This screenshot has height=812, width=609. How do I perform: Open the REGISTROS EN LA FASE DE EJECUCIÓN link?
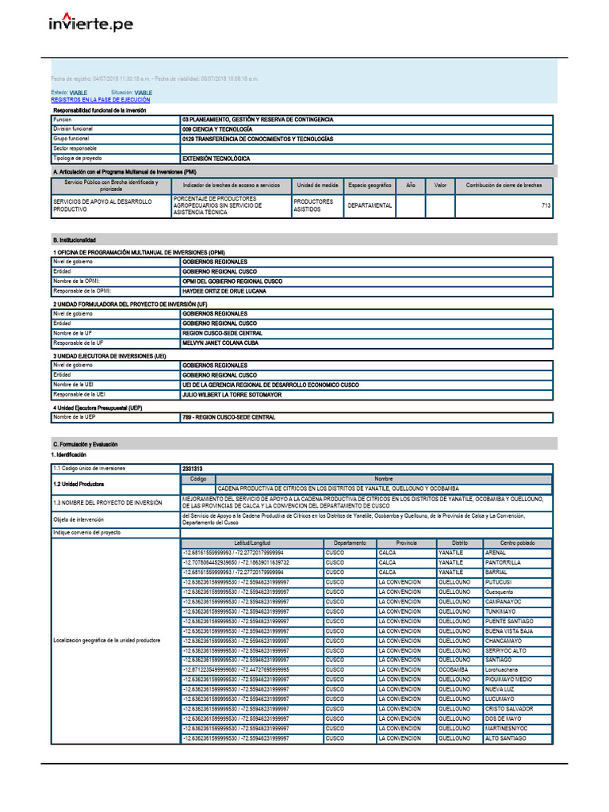tap(100, 100)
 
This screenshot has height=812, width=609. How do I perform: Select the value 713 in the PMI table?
tap(546, 205)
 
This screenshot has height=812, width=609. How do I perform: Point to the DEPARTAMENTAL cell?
tap(370, 205)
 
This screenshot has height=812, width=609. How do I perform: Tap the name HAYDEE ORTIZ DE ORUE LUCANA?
tap(224, 291)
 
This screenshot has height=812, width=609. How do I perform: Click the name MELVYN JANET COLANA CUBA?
tap(221, 343)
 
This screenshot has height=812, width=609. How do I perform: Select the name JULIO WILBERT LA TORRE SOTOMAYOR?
tap(231, 394)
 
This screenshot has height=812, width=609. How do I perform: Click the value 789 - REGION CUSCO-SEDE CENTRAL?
tap(228, 417)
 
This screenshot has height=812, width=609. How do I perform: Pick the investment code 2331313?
tap(193, 469)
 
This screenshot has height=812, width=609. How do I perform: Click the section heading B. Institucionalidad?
tap(75, 239)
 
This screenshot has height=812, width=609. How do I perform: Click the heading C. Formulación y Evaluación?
tap(85, 445)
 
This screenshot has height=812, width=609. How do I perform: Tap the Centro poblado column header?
tap(517, 543)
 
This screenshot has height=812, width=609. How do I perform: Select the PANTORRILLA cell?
tap(503, 562)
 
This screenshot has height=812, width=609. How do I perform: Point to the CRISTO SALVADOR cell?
tap(509, 709)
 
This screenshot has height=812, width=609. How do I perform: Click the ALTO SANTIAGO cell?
tap(505, 738)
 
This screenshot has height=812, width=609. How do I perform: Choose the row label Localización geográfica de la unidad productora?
tap(107, 640)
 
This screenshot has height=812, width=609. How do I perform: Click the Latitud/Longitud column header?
tap(251, 543)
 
